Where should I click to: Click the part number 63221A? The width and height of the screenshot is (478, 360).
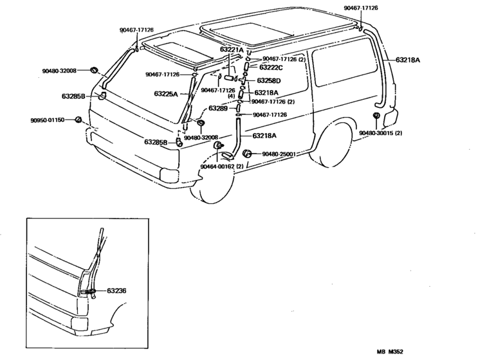(232, 49)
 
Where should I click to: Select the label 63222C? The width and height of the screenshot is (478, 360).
(271, 67)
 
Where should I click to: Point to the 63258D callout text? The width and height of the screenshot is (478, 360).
(269, 80)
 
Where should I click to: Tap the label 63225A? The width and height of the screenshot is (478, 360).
(166, 94)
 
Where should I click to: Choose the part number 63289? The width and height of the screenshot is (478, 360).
(218, 108)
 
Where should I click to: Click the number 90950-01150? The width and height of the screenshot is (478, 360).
(47, 120)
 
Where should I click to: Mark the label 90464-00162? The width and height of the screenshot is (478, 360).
(221, 166)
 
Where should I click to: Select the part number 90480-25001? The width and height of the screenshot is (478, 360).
(278, 154)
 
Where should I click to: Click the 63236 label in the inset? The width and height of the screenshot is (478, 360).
(116, 291)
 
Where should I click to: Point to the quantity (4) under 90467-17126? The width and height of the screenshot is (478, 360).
(230, 96)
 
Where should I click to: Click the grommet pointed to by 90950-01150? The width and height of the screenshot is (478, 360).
(78, 120)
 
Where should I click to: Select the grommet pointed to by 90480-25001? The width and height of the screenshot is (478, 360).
(249, 154)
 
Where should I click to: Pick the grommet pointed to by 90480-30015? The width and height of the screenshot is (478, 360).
(376, 116)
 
